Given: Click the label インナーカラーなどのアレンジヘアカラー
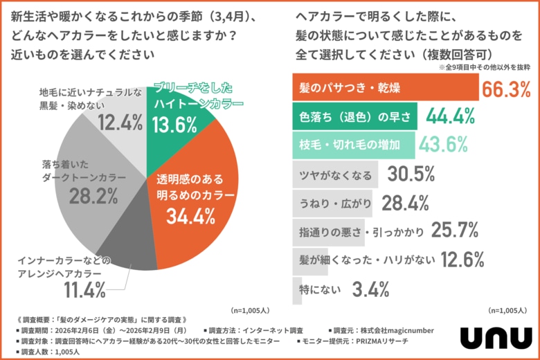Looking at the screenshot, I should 69,267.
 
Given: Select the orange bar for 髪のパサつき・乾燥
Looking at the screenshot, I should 385,88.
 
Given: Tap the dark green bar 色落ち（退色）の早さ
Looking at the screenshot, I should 355,116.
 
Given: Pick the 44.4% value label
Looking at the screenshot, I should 449,116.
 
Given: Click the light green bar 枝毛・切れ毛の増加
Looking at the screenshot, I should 354,145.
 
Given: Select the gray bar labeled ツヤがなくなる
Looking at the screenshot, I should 336,174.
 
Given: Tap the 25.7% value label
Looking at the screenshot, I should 455,231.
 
